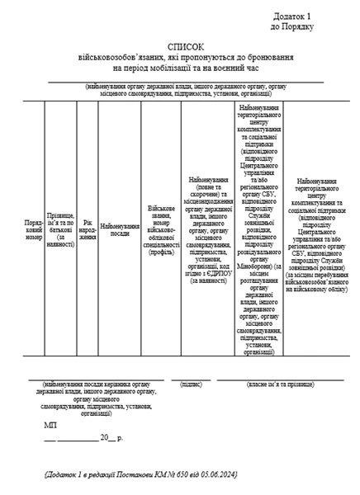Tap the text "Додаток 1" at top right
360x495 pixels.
(x=295, y=16)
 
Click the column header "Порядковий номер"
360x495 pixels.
(x=33, y=230)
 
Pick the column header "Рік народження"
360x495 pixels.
(x=87, y=230)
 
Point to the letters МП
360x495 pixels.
(x=51, y=426)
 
